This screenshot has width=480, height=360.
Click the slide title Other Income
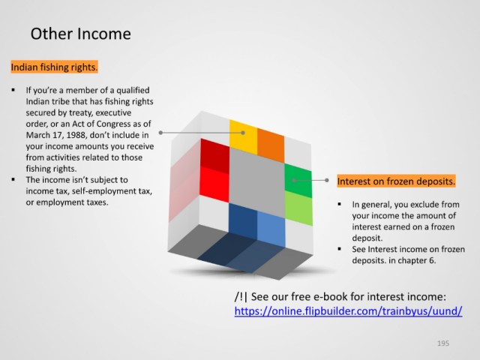[80, 34]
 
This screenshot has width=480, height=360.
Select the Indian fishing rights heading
[54, 67]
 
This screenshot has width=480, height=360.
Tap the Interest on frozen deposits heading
[396, 181]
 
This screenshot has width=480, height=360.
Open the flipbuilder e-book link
[348, 311]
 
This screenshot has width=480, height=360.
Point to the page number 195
[443, 343]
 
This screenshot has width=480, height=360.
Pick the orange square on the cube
[271, 145]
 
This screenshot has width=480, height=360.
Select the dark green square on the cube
[298, 181]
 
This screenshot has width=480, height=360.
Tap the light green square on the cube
[298, 208]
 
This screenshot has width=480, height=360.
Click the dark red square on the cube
[215, 156]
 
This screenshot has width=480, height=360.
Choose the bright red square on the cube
[214, 184]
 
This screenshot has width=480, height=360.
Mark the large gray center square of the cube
[257, 182]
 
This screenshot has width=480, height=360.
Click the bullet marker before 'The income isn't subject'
[13, 179]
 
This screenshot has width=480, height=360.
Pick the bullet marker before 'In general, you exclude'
[340, 204]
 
